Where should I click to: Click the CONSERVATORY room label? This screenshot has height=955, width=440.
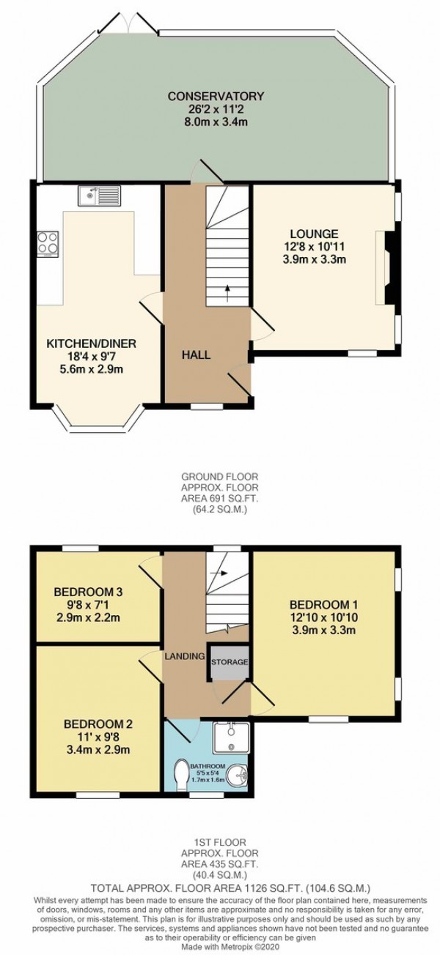click(x=215, y=96)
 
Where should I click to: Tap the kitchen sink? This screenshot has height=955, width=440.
click(x=99, y=196)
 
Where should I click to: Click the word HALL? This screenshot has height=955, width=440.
click(x=197, y=355)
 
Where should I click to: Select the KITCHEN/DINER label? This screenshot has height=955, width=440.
click(x=92, y=343)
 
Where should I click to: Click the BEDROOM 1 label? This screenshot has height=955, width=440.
click(x=323, y=604)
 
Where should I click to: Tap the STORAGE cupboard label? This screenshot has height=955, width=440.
click(x=230, y=662)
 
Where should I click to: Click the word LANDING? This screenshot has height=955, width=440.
click(x=184, y=656)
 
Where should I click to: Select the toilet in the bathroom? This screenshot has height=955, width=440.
click(x=184, y=773)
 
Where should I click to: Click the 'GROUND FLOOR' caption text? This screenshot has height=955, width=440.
click(x=219, y=475)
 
